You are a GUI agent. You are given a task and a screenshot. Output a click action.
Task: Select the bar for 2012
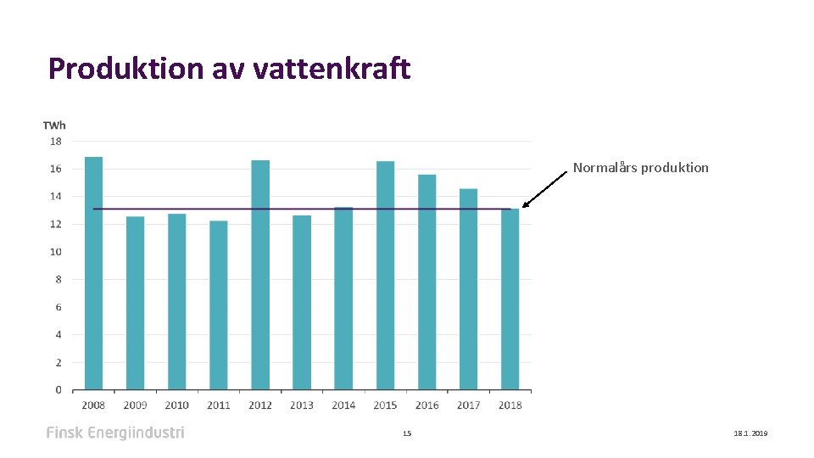(x=260, y=275)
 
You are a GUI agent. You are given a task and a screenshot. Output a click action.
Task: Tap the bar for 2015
(x=385, y=276)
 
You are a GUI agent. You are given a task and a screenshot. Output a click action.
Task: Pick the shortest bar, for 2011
(x=219, y=305)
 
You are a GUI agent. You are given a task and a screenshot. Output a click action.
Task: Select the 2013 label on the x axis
(x=302, y=405)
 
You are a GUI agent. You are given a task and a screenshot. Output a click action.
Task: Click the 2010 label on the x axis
(x=176, y=405)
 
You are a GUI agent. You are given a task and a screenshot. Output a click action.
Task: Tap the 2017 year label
(x=468, y=405)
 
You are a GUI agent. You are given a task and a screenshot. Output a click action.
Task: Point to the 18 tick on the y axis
(x=55, y=142)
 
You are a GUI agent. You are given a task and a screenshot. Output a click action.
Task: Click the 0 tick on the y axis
(x=58, y=390)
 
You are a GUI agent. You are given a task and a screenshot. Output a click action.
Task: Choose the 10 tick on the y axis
(x=55, y=252)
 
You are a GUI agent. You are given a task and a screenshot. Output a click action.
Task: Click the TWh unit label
(x=54, y=126)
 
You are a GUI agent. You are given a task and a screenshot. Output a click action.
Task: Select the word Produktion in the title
(x=125, y=69)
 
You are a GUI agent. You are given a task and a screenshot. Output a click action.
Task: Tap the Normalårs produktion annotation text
(x=640, y=168)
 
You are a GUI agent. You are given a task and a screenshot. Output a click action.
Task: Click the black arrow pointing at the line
(x=544, y=189)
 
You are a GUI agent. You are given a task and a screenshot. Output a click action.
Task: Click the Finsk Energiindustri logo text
(x=115, y=433)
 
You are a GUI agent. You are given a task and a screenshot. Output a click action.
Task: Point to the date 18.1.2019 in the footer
(x=750, y=433)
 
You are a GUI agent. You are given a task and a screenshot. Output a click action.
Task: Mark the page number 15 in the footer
(x=407, y=433)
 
